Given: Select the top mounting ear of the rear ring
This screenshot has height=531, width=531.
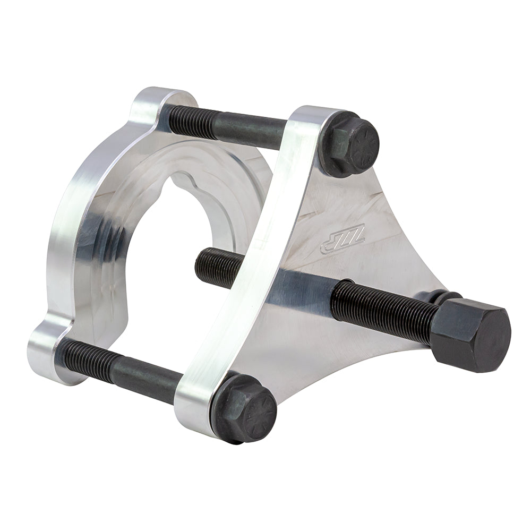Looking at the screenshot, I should click(x=154, y=104).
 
